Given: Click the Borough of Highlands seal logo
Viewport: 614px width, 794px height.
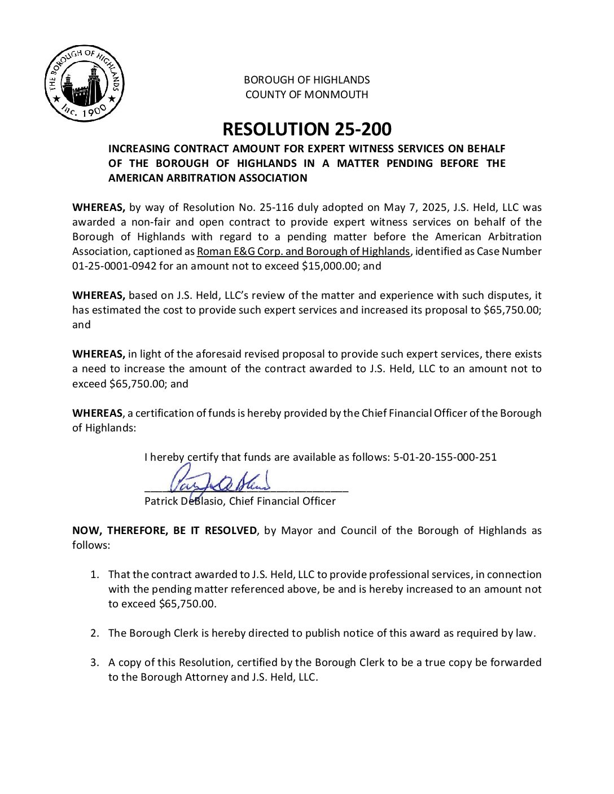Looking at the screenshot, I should tap(84, 83).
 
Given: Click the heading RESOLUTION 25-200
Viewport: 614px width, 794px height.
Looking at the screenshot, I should tap(306, 129).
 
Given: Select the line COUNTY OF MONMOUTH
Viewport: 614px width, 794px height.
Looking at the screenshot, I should tap(306, 95).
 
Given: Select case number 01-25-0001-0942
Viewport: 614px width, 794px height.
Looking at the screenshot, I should tap(114, 266).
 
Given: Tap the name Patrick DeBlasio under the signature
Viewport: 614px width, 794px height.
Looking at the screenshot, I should tap(184, 501).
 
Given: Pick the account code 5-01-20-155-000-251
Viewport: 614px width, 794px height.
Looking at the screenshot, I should tap(445, 457).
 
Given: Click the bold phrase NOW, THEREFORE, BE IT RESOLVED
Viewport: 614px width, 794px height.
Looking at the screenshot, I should tap(164, 531).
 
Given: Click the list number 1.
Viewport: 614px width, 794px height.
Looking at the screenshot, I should tap(95, 575).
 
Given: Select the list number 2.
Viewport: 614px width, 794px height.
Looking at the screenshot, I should tap(95, 633).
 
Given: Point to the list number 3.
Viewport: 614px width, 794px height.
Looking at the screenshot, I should tap(95, 663).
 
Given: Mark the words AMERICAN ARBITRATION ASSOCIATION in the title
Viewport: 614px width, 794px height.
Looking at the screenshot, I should tap(208, 178).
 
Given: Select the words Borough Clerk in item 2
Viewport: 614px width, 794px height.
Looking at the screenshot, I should tap(164, 633).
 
